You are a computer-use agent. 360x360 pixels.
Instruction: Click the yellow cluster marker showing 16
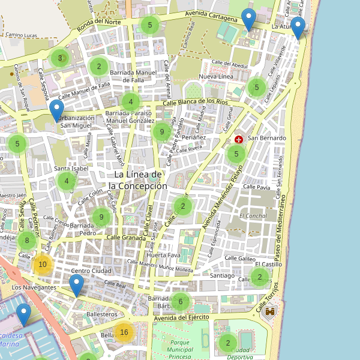click(x=124, y=332)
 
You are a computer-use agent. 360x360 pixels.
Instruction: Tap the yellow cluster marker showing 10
click(x=42, y=264)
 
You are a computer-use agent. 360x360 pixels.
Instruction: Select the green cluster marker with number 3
click(x=59, y=58)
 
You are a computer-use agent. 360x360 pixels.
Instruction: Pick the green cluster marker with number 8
click(x=26, y=241)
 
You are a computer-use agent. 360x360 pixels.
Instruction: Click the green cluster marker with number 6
click(x=180, y=301)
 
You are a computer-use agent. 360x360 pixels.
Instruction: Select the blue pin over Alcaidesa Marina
click(x=24, y=314)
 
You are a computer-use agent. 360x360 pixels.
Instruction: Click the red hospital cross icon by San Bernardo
click(x=239, y=139)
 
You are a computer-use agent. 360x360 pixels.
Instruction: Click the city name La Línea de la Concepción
click(x=140, y=180)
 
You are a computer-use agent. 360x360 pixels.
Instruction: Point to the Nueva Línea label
click(x=215, y=77)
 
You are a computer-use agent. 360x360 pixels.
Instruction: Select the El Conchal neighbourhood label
click(x=253, y=216)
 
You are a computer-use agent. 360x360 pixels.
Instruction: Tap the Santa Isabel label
click(x=71, y=169)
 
